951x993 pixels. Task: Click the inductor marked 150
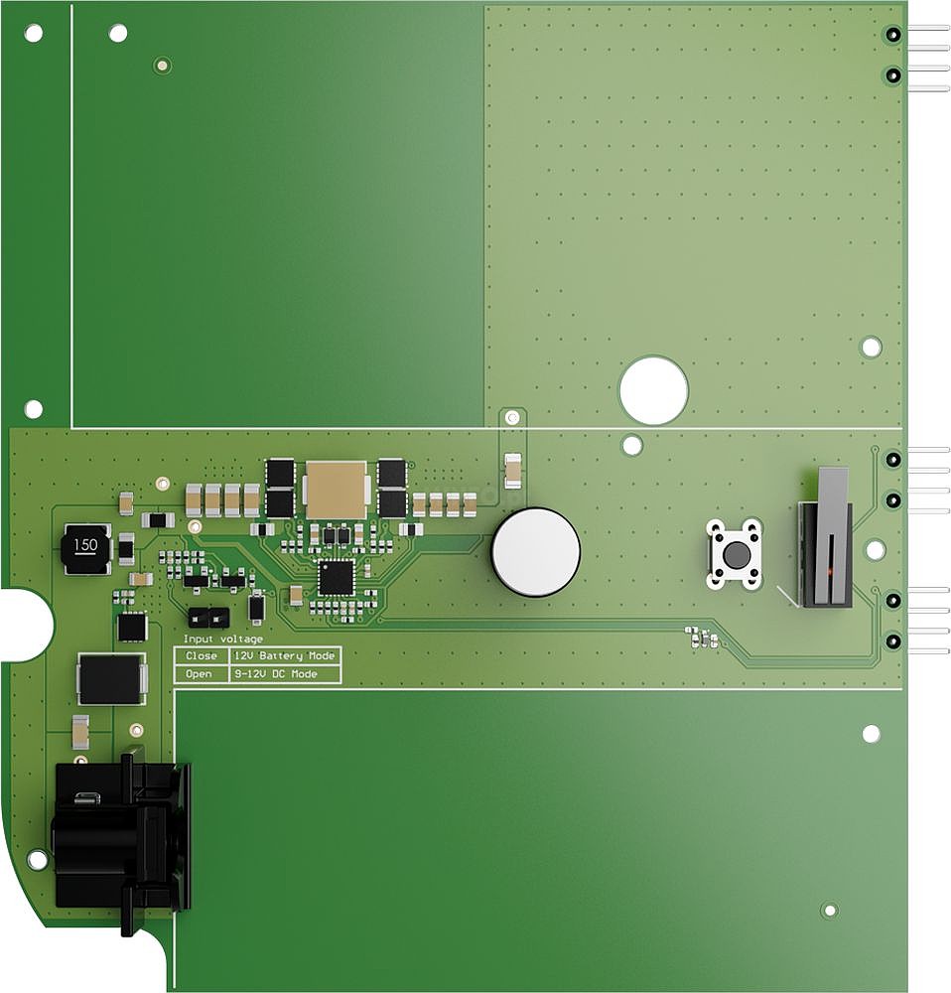tap(86, 548)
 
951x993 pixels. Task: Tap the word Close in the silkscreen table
tap(201, 656)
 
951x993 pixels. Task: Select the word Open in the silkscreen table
tap(199, 674)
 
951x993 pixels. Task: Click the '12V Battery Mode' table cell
tap(285, 656)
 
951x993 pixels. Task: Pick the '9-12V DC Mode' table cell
tap(285, 674)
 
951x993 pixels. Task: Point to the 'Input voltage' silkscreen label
tap(223, 638)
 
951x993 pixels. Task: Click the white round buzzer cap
tap(536, 552)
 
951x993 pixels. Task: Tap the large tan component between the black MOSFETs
tap(336, 490)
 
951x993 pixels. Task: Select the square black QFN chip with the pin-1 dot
tap(336, 577)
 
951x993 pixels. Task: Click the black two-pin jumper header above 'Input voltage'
tap(208, 617)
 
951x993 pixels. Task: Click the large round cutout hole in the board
tap(653, 390)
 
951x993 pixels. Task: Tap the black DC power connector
tap(121, 836)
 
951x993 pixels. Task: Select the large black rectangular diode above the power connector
tap(111, 679)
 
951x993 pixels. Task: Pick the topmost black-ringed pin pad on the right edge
tap(892, 34)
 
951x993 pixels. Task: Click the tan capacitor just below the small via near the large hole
tap(513, 471)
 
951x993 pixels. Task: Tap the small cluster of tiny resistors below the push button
tap(702, 638)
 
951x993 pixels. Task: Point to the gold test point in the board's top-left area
tap(163, 65)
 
